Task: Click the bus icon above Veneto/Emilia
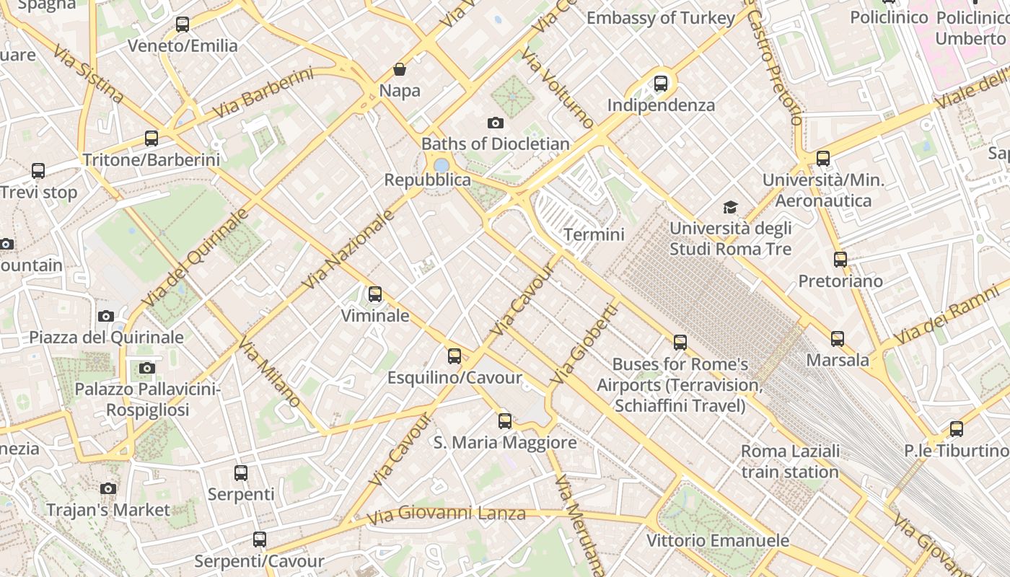tap(183, 25)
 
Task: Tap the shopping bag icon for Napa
tap(400, 69)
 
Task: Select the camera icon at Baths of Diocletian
tap(496, 123)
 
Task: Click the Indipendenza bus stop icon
tap(661, 84)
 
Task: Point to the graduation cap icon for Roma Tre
tap(731, 208)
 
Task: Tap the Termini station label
tap(594, 234)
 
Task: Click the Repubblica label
tap(427, 180)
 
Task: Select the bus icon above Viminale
tap(375, 294)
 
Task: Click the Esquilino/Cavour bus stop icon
tap(454, 356)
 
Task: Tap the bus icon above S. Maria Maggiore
tap(505, 421)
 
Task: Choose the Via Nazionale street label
tap(349, 250)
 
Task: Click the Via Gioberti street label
tap(584, 343)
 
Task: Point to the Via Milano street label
tap(269, 371)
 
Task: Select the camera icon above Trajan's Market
tap(108, 489)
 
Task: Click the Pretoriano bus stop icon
tap(840, 260)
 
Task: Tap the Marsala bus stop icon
tap(838, 338)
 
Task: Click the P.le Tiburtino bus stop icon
tap(957, 429)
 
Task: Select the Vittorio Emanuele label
tap(717, 540)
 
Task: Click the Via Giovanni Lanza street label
tap(446, 515)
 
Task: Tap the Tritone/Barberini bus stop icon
tap(151, 138)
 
